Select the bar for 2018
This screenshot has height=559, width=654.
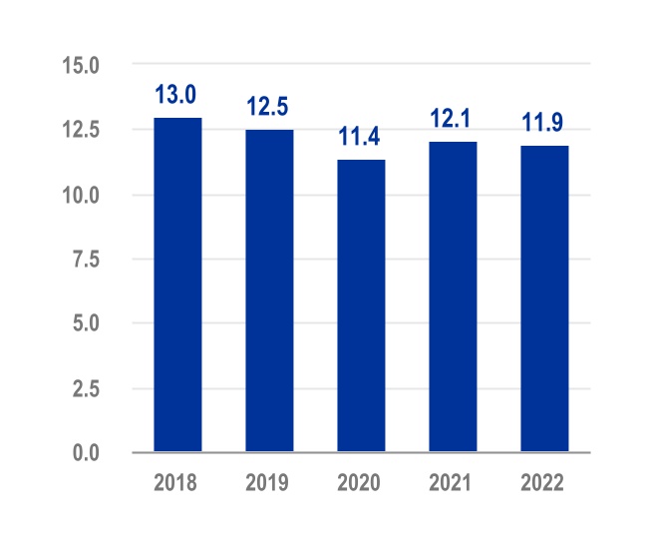[177, 285]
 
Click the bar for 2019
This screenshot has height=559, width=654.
[269, 291]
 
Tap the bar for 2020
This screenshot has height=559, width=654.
[361, 305]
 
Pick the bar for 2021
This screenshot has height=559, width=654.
[453, 296]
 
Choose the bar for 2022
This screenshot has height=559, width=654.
[544, 299]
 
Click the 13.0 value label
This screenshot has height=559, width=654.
[175, 96]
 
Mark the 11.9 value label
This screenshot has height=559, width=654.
[543, 124]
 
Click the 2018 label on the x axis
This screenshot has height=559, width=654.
[175, 483]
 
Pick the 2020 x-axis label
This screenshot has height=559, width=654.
[360, 483]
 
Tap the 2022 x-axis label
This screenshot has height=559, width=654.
[543, 483]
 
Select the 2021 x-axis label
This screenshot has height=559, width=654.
[452, 483]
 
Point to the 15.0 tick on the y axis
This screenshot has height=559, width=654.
[81, 66]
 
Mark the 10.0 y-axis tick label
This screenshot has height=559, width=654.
[81, 196]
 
